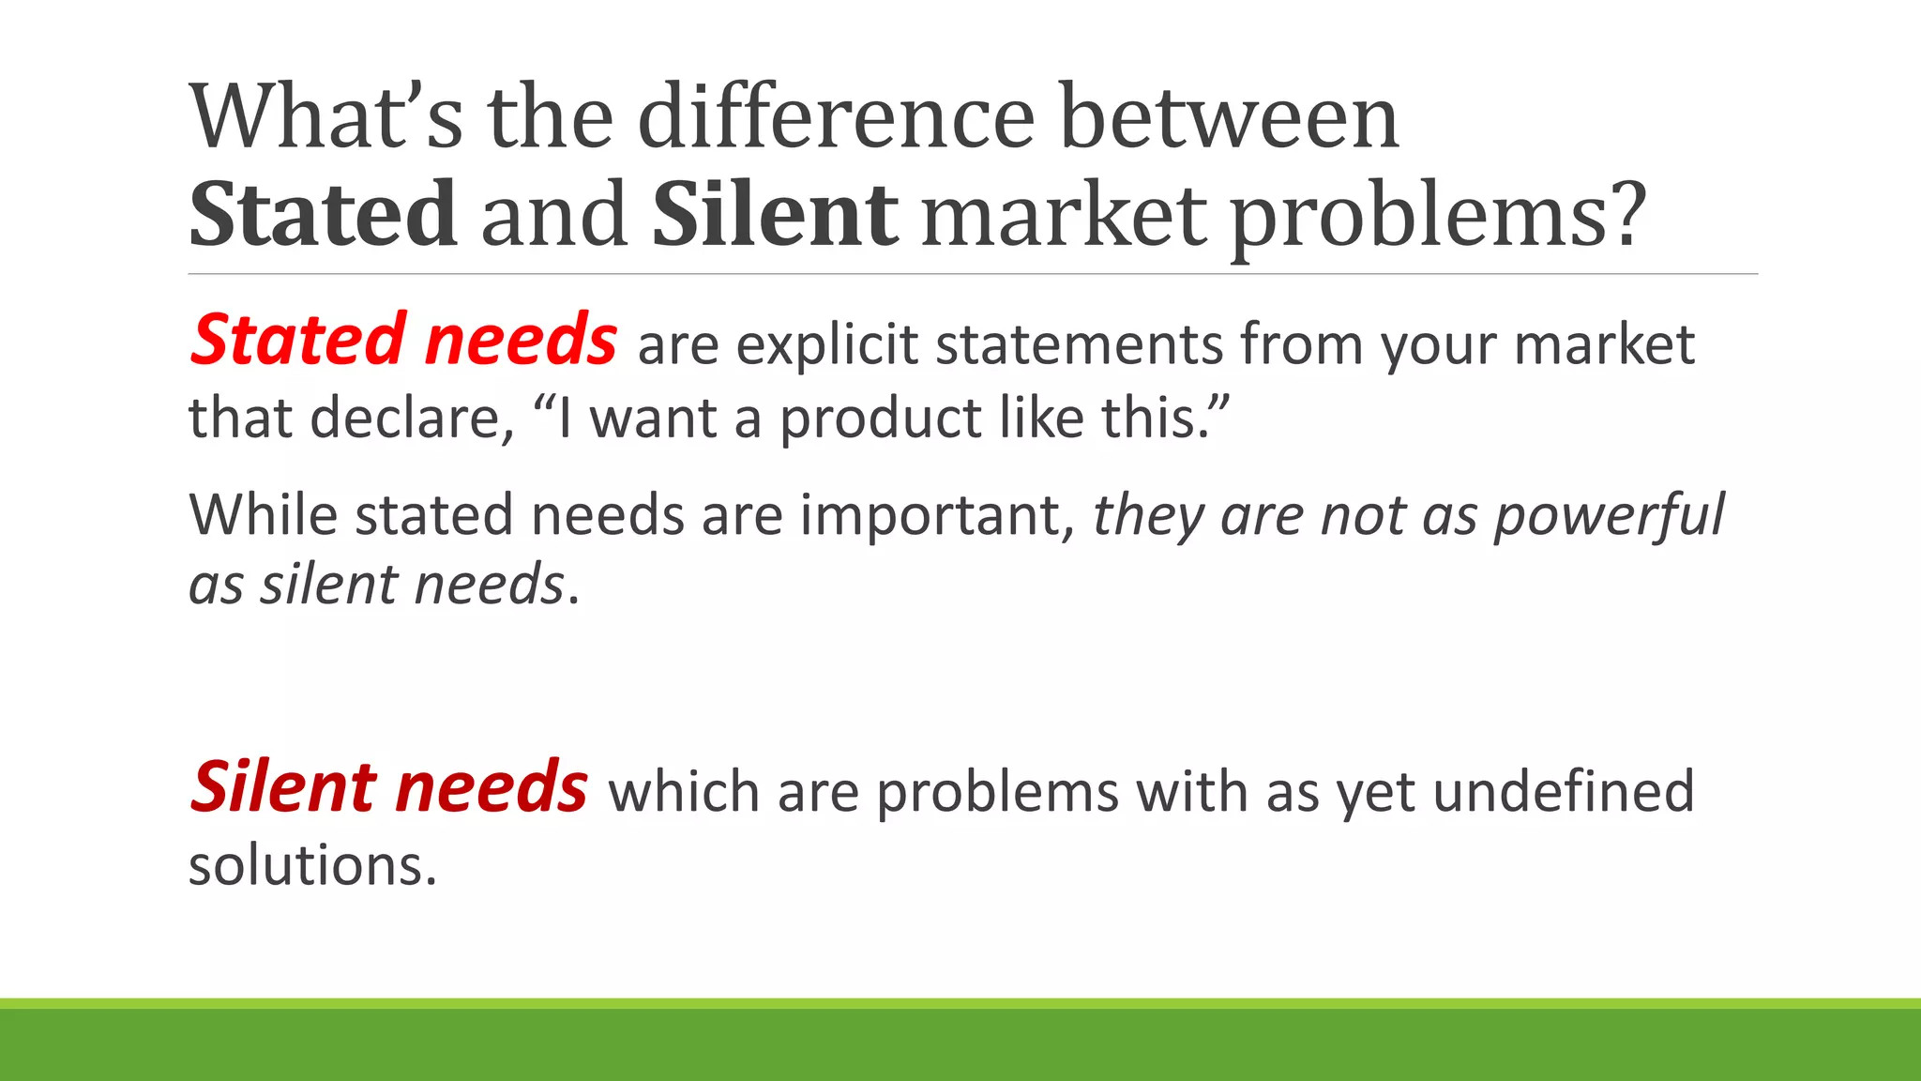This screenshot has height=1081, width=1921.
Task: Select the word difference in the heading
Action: tap(836, 117)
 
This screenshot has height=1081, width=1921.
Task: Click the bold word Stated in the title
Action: tap(323, 215)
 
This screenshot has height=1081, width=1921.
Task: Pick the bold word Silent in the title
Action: tap(775, 215)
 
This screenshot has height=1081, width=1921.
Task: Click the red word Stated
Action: tap(297, 340)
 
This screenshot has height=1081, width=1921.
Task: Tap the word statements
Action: tap(1079, 344)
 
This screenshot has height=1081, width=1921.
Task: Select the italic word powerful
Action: tap(1608, 517)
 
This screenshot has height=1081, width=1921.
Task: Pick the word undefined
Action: tap(1564, 791)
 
